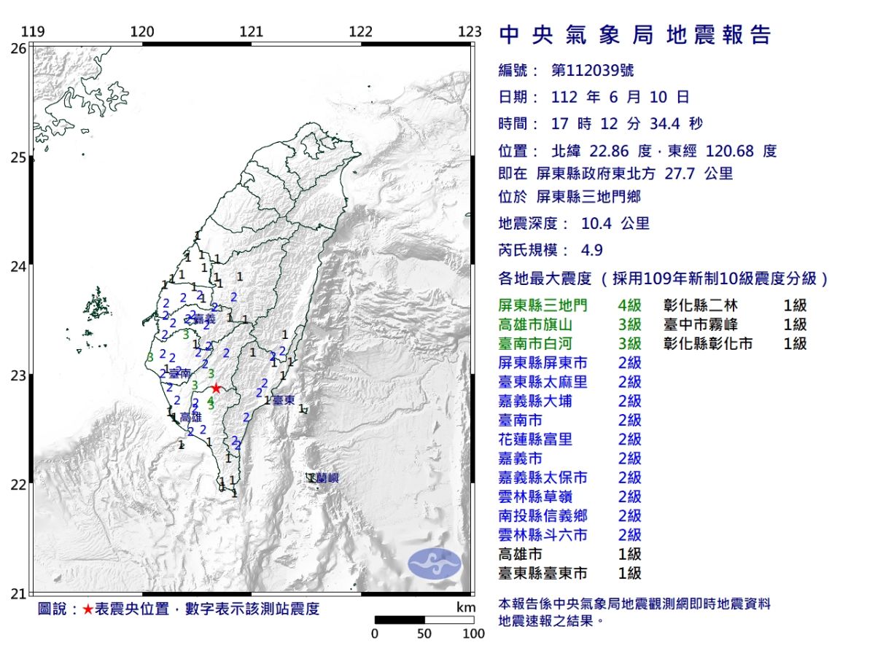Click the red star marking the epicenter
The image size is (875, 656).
pyautogui.click(x=216, y=388)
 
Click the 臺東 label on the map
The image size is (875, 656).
pyautogui.click(x=284, y=400)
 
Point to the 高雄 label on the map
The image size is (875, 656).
pyautogui.click(x=190, y=417)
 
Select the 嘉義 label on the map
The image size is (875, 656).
pyautogui.click(x=206, y=319)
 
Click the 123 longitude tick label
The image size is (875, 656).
pyautogui.click(x=470, y=32)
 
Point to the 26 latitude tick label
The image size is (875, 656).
pyautogui.click(x=20, y=48)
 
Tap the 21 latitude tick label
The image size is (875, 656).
pyautogui.click(x=20, y=593)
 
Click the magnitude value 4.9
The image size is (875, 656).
pyautogui.click(x=592, y=250)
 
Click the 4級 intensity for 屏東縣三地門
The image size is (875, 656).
pyautogui.click(x=629, y=305)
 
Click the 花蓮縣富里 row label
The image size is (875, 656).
pyautogui.click(x=535, y=440)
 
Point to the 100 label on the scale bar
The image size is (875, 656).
pyautogui.click(x=473, y=633)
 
